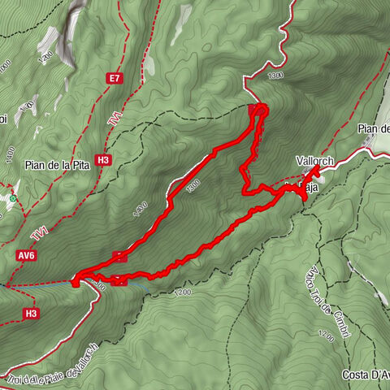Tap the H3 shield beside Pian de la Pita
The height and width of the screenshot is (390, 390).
coord(103,160)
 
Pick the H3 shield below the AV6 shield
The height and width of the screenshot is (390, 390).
coord(31,313)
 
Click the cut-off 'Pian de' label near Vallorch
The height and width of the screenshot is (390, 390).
coord(374,129)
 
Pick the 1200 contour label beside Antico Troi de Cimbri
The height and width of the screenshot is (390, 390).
coord(327,334)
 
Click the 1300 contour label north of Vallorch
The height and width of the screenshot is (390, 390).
coord(275,76)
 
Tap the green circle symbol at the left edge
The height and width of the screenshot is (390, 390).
coord(14,197)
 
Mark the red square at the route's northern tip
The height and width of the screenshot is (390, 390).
coord(258,109)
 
